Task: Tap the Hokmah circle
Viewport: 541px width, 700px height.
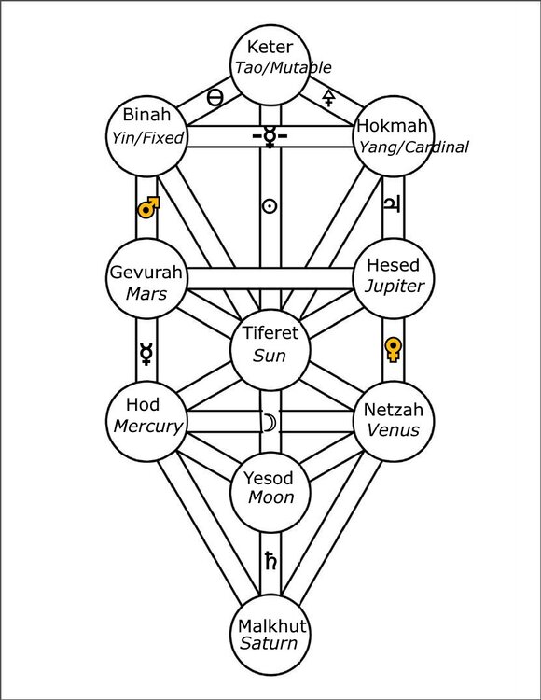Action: click(x=394, y=136)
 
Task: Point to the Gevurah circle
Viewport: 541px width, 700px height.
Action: click(x=147, y=278)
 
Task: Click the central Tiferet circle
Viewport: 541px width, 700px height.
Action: click(x=270, y=346)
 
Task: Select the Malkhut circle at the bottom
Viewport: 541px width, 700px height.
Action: click(x=270, y=634)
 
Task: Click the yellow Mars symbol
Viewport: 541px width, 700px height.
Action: click(x=146, y=206)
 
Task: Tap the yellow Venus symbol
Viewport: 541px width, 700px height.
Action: click(x=394, y=350)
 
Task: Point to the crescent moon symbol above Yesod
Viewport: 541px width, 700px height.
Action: click(x=270, y=423)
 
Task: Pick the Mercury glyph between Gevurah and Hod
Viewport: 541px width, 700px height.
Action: click(x=146, y=352)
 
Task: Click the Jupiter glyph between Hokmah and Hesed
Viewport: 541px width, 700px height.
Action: click(x=393, y=207)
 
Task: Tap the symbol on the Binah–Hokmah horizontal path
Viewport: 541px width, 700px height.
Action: click(x=270, y=136)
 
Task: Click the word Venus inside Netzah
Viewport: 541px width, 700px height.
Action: click(x=393, y=430)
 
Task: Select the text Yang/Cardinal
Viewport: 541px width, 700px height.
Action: click(x=410, y=147)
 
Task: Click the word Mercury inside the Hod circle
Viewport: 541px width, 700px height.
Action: click(x=147, y=426)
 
